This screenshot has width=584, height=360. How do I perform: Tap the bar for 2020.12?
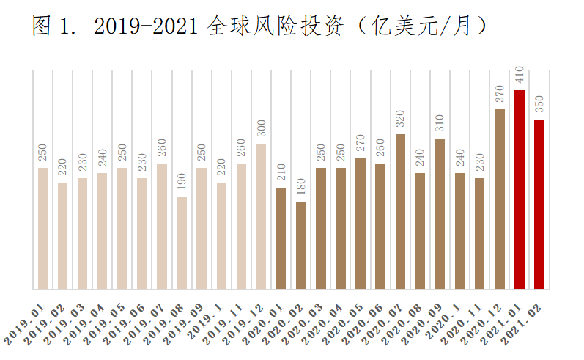click(x=500, y=199)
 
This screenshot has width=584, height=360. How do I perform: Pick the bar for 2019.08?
click(x=182, y=243)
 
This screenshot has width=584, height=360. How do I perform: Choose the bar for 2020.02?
click(x=301, y=246)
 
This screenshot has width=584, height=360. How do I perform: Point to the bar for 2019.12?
click(x=262, y=216)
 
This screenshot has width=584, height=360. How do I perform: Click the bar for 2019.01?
click(x=42, y=228)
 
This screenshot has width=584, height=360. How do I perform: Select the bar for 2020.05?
click(x=361, y=224)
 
